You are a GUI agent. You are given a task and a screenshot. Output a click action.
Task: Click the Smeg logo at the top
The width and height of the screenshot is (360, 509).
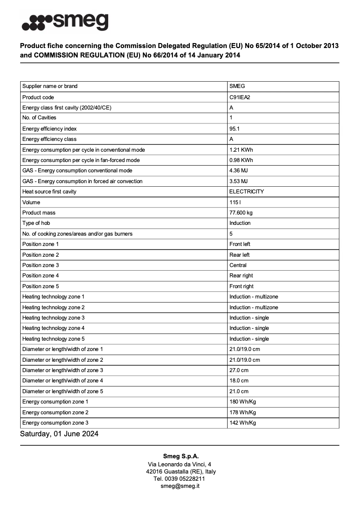pyautogui.click(x=65, y=22)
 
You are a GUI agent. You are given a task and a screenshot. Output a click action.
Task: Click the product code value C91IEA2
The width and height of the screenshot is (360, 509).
pyautogui.click(x=240, y=97)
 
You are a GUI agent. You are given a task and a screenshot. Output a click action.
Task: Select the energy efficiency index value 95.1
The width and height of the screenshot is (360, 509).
pyautogui.click(x=235, y=128)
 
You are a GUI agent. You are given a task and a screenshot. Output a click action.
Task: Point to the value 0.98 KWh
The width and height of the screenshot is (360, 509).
pyautogui.click(x=241, y=160)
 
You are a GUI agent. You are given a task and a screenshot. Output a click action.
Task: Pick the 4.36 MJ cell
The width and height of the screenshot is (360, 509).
pyautogui.click(x=238, y=171)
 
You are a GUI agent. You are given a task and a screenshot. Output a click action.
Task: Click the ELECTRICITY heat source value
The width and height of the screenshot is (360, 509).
pyautogui.click(x=246, y=192)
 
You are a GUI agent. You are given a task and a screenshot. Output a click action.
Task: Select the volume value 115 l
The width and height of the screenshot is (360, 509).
pyautogui.click(x=235, y=202)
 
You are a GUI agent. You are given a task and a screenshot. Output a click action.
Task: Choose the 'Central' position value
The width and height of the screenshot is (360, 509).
pyautogui.click(x=238, y=265)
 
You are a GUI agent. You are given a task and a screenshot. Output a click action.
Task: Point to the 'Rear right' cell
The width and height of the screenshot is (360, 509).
pyautogui.click(x=241, y=276)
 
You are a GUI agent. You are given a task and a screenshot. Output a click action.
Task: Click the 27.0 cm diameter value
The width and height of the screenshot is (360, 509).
pyautogui.click(x=239, y=370)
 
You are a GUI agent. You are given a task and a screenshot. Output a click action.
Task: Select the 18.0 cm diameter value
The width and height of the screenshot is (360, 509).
pyautogui.click(x=239, y=381)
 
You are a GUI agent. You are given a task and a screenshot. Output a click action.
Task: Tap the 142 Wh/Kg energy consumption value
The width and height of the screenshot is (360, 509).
pyautogui.click(x=242, y=423)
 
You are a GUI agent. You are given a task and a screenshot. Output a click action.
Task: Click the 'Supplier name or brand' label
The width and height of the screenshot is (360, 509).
pyautogui.click(x=50, y=86)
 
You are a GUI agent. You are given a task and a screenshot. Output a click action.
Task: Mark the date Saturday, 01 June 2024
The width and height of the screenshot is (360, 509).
pyautogui.click(x=59, y=434)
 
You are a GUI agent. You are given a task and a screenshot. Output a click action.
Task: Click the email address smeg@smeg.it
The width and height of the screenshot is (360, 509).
pyautogui.click(x=180, y=486)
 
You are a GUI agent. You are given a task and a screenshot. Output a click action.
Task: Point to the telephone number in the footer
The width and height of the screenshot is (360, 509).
pyautogui.click(x=180, y=478)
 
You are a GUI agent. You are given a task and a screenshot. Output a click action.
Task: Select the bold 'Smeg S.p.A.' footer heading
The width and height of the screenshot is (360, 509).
pyautogui.click(x=180, y=456)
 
